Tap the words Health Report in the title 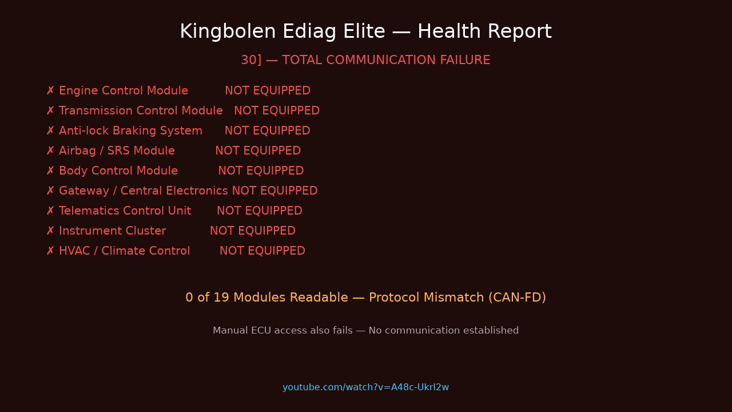pos(484,32)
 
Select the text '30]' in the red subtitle pos(250,60)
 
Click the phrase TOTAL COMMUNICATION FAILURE pos(386,60)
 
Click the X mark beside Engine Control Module pos(50,91)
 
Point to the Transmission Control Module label pos(141,111)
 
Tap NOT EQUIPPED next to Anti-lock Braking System pos(267,131)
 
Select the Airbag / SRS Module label pos(117,151)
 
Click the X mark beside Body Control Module pos(50,171)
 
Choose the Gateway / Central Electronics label pos(143,191)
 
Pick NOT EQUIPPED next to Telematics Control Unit pos(259,211)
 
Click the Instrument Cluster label pos(112,231)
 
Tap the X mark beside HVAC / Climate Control pos(50,251)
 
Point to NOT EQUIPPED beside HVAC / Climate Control pos(262,251)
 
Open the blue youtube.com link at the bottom pos(365,387)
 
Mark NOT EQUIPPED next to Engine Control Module pos(267,91)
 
